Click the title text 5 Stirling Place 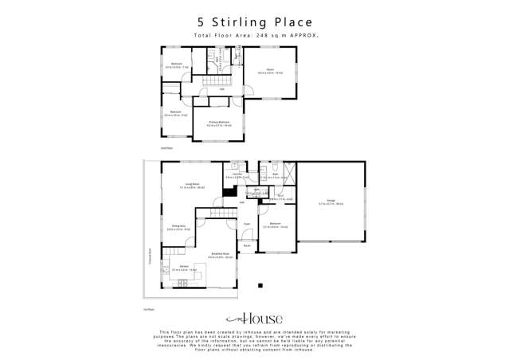click(x=254, y=22)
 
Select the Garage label click(x=330, y=200)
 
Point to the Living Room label click(x=191, y=184)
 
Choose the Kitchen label click(x=183, y=266)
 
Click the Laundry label click(x=237, y=174)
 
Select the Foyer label click(x=247, y=224)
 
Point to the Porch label click(x=247, y=245)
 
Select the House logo click(x=254, y=315)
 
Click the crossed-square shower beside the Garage click(x=288, y=173)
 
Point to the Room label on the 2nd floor click(x=271, y=71)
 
